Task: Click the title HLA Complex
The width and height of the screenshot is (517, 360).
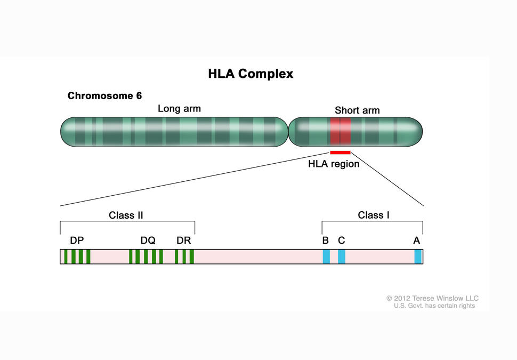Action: coord(251,74)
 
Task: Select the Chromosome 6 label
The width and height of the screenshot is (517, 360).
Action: coord(104,96)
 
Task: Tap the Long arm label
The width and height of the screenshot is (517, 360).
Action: coord(179,109)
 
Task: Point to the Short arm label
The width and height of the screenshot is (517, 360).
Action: coord(357,110)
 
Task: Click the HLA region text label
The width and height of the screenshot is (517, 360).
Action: coord(334,164)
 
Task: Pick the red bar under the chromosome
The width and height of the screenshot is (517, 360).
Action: coord(340,153)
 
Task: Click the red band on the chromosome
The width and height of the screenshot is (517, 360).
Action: coord(340,132)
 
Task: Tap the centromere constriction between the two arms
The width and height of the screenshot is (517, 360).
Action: coord(288,132)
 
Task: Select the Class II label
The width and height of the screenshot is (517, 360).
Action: coord(126,215)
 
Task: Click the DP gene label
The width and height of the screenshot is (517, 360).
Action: coord(77,241)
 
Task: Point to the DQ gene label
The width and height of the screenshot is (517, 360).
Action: coord(148,241)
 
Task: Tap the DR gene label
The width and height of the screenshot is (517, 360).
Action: coord(183,241)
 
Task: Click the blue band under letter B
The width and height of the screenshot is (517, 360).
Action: coord(326,257)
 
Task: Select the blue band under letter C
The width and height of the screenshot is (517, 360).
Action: coord(342,257)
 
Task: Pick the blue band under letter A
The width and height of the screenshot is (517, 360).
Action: coord(418,257)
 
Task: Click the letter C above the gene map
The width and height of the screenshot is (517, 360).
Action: coord(341,241)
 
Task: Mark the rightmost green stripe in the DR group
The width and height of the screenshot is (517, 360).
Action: coord(191,257)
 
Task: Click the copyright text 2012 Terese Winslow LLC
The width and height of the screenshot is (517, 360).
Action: coord(433,298)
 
